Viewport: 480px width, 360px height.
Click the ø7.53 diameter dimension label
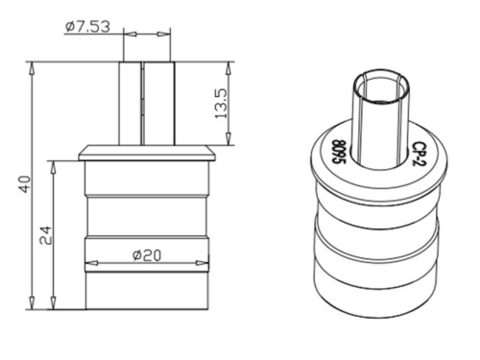pyautogui.click(x=87, y=27)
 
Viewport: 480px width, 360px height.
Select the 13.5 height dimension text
pyautogui.click(x=221, y=104)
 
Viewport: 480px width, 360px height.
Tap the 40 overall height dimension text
pyautogui.click(x=25, y=184)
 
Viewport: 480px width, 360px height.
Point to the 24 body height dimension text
pyautogui.click(x=45, y=235)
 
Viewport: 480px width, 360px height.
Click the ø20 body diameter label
pyautogui.click(x=147, y=255)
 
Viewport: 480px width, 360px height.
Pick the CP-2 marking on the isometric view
pyautogui.click(x=418, y=154)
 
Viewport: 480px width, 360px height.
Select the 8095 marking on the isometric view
pyautogui.click(x=339, y=152)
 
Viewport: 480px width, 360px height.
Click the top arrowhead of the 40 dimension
pyautogui.click(x=32, y=68)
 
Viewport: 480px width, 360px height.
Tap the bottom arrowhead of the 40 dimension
pyautogui.click(x=32, y=302)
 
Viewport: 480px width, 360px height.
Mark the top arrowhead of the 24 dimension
pyautogui.click(x=53, y=167)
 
